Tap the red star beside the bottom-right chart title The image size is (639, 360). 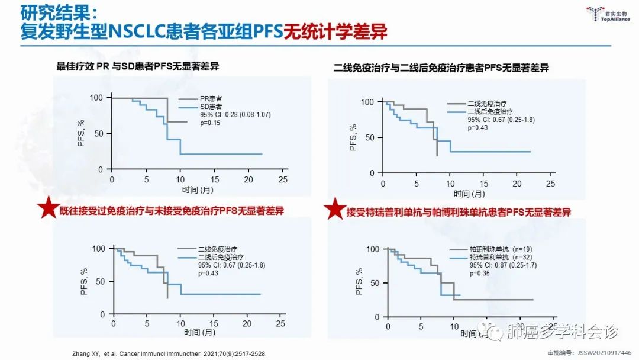coord(335,208)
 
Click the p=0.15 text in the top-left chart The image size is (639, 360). coord(208,123)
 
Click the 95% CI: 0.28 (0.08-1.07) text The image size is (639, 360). coord(235,114)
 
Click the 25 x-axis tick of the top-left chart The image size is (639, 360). coord(283,179)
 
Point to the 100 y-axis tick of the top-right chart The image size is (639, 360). coord(367,102)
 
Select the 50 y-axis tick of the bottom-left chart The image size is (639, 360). coord(102,282)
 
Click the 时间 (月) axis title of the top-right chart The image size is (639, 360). coord(470,194)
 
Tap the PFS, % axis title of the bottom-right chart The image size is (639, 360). coord(359,282)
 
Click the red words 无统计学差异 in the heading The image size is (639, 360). coord(335,31)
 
